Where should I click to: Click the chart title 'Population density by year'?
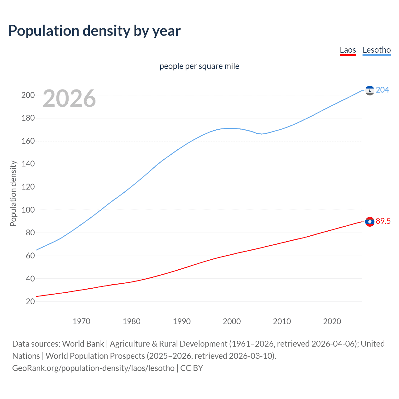click(94, 31)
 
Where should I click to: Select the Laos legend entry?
click(348, 50)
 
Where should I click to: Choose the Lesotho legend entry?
click(377, 50)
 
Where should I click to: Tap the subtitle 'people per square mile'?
click(199, 66)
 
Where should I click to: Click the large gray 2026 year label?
click(69, 99)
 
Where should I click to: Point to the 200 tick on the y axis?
click(28, 95)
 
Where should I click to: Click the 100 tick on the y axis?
click(28, 210)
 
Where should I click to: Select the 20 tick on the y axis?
click(30, 301)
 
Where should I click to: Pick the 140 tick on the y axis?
click(28, 164)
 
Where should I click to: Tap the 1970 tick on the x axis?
click(81, 321)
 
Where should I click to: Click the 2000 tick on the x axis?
click(232, 321)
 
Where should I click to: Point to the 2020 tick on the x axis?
click(332, 321)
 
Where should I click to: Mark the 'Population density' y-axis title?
click(13, 193)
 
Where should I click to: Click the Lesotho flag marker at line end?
click(370, 90)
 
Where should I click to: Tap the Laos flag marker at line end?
click(370, 222)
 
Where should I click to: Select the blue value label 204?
click(382, 90)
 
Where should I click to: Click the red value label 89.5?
click(383, 221)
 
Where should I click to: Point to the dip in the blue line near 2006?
click(262, 134)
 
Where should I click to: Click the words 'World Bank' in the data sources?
click(83, 344)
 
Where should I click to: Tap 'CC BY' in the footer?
click(192, 368)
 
